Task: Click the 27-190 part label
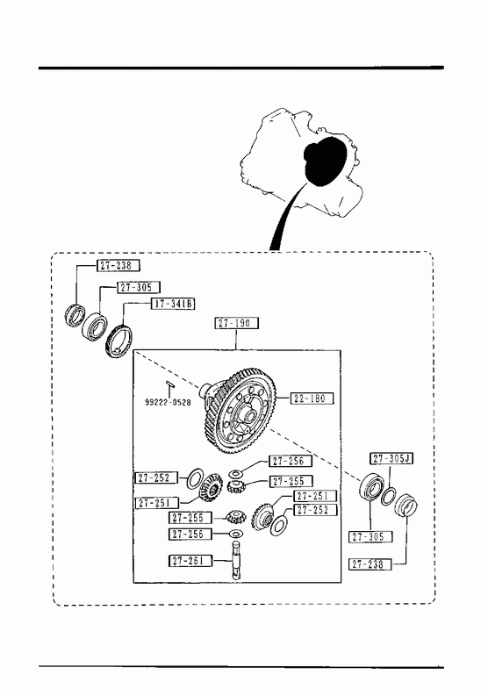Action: click(236, 323)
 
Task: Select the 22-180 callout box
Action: click(311, 398)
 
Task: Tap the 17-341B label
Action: click(173, 304)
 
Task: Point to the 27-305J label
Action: click(391, 459)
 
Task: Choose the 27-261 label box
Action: click(190, 561)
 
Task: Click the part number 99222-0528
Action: click(168, 402)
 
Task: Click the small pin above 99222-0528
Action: click(170, 384)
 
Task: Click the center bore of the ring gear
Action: click(248, 415)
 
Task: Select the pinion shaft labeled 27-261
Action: click(237, 561)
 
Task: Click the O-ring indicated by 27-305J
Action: click(388, 496)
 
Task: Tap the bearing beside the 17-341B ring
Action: click(95, 326)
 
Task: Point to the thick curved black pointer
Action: click(285, 215)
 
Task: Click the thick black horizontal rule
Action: click(241, 68)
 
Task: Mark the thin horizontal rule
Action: click(241, 666)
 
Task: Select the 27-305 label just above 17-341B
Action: click(139, 287)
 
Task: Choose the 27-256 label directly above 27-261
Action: click(190, 535)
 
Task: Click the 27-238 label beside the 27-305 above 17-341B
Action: click(118, 265)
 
